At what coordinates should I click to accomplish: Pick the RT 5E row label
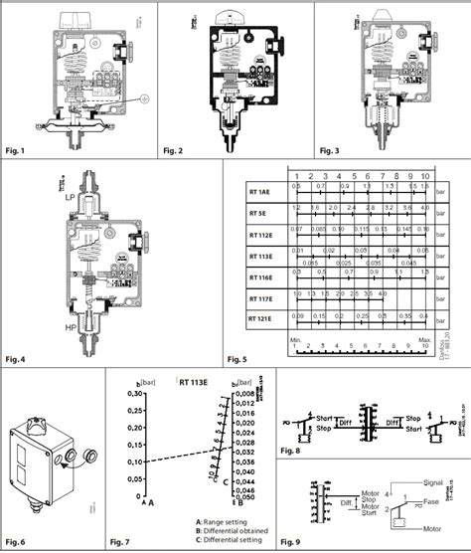click(x=259, y=212)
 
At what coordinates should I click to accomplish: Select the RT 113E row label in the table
click(x=261, y=255)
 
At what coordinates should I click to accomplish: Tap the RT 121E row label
click(x=261, y=318)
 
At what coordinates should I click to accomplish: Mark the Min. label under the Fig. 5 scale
click(x=295, y=340)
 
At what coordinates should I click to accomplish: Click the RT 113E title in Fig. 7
click(x=198, y=380)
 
